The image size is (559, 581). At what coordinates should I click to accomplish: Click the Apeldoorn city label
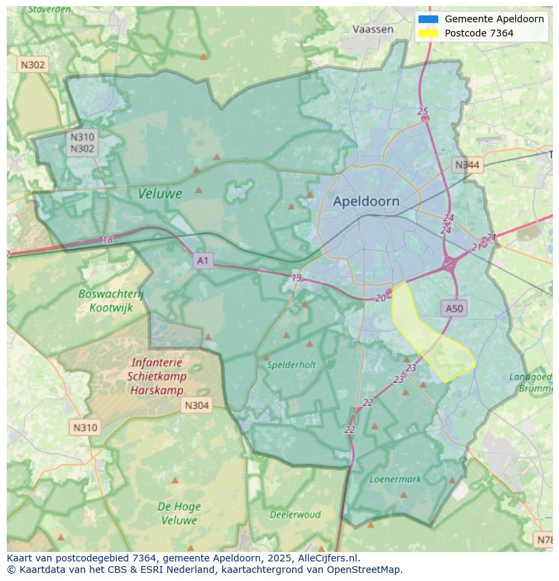(366, 201)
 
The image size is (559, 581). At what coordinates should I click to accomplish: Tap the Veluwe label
(160, 194)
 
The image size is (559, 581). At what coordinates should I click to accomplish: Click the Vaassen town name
(373, 29)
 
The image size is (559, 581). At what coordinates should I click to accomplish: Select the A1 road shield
(203, 260)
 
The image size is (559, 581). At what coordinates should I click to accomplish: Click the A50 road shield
(454, 308)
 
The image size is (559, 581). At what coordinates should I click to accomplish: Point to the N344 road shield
(467, 165)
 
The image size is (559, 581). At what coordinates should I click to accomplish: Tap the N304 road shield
(196, 405)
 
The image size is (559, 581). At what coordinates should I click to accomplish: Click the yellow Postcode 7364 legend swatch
(428, 33)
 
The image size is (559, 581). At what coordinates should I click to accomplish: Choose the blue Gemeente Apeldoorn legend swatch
(428, 19)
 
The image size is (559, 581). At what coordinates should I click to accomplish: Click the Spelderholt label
(291, 364)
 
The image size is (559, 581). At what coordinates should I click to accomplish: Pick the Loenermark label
(395, 479)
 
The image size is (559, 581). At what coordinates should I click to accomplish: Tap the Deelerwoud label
(295, 514)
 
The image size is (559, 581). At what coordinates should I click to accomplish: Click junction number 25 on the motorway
(423, 111)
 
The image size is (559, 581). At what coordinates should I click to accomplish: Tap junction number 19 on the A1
(296, 277)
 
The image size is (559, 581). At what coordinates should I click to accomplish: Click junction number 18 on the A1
(108, 239)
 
